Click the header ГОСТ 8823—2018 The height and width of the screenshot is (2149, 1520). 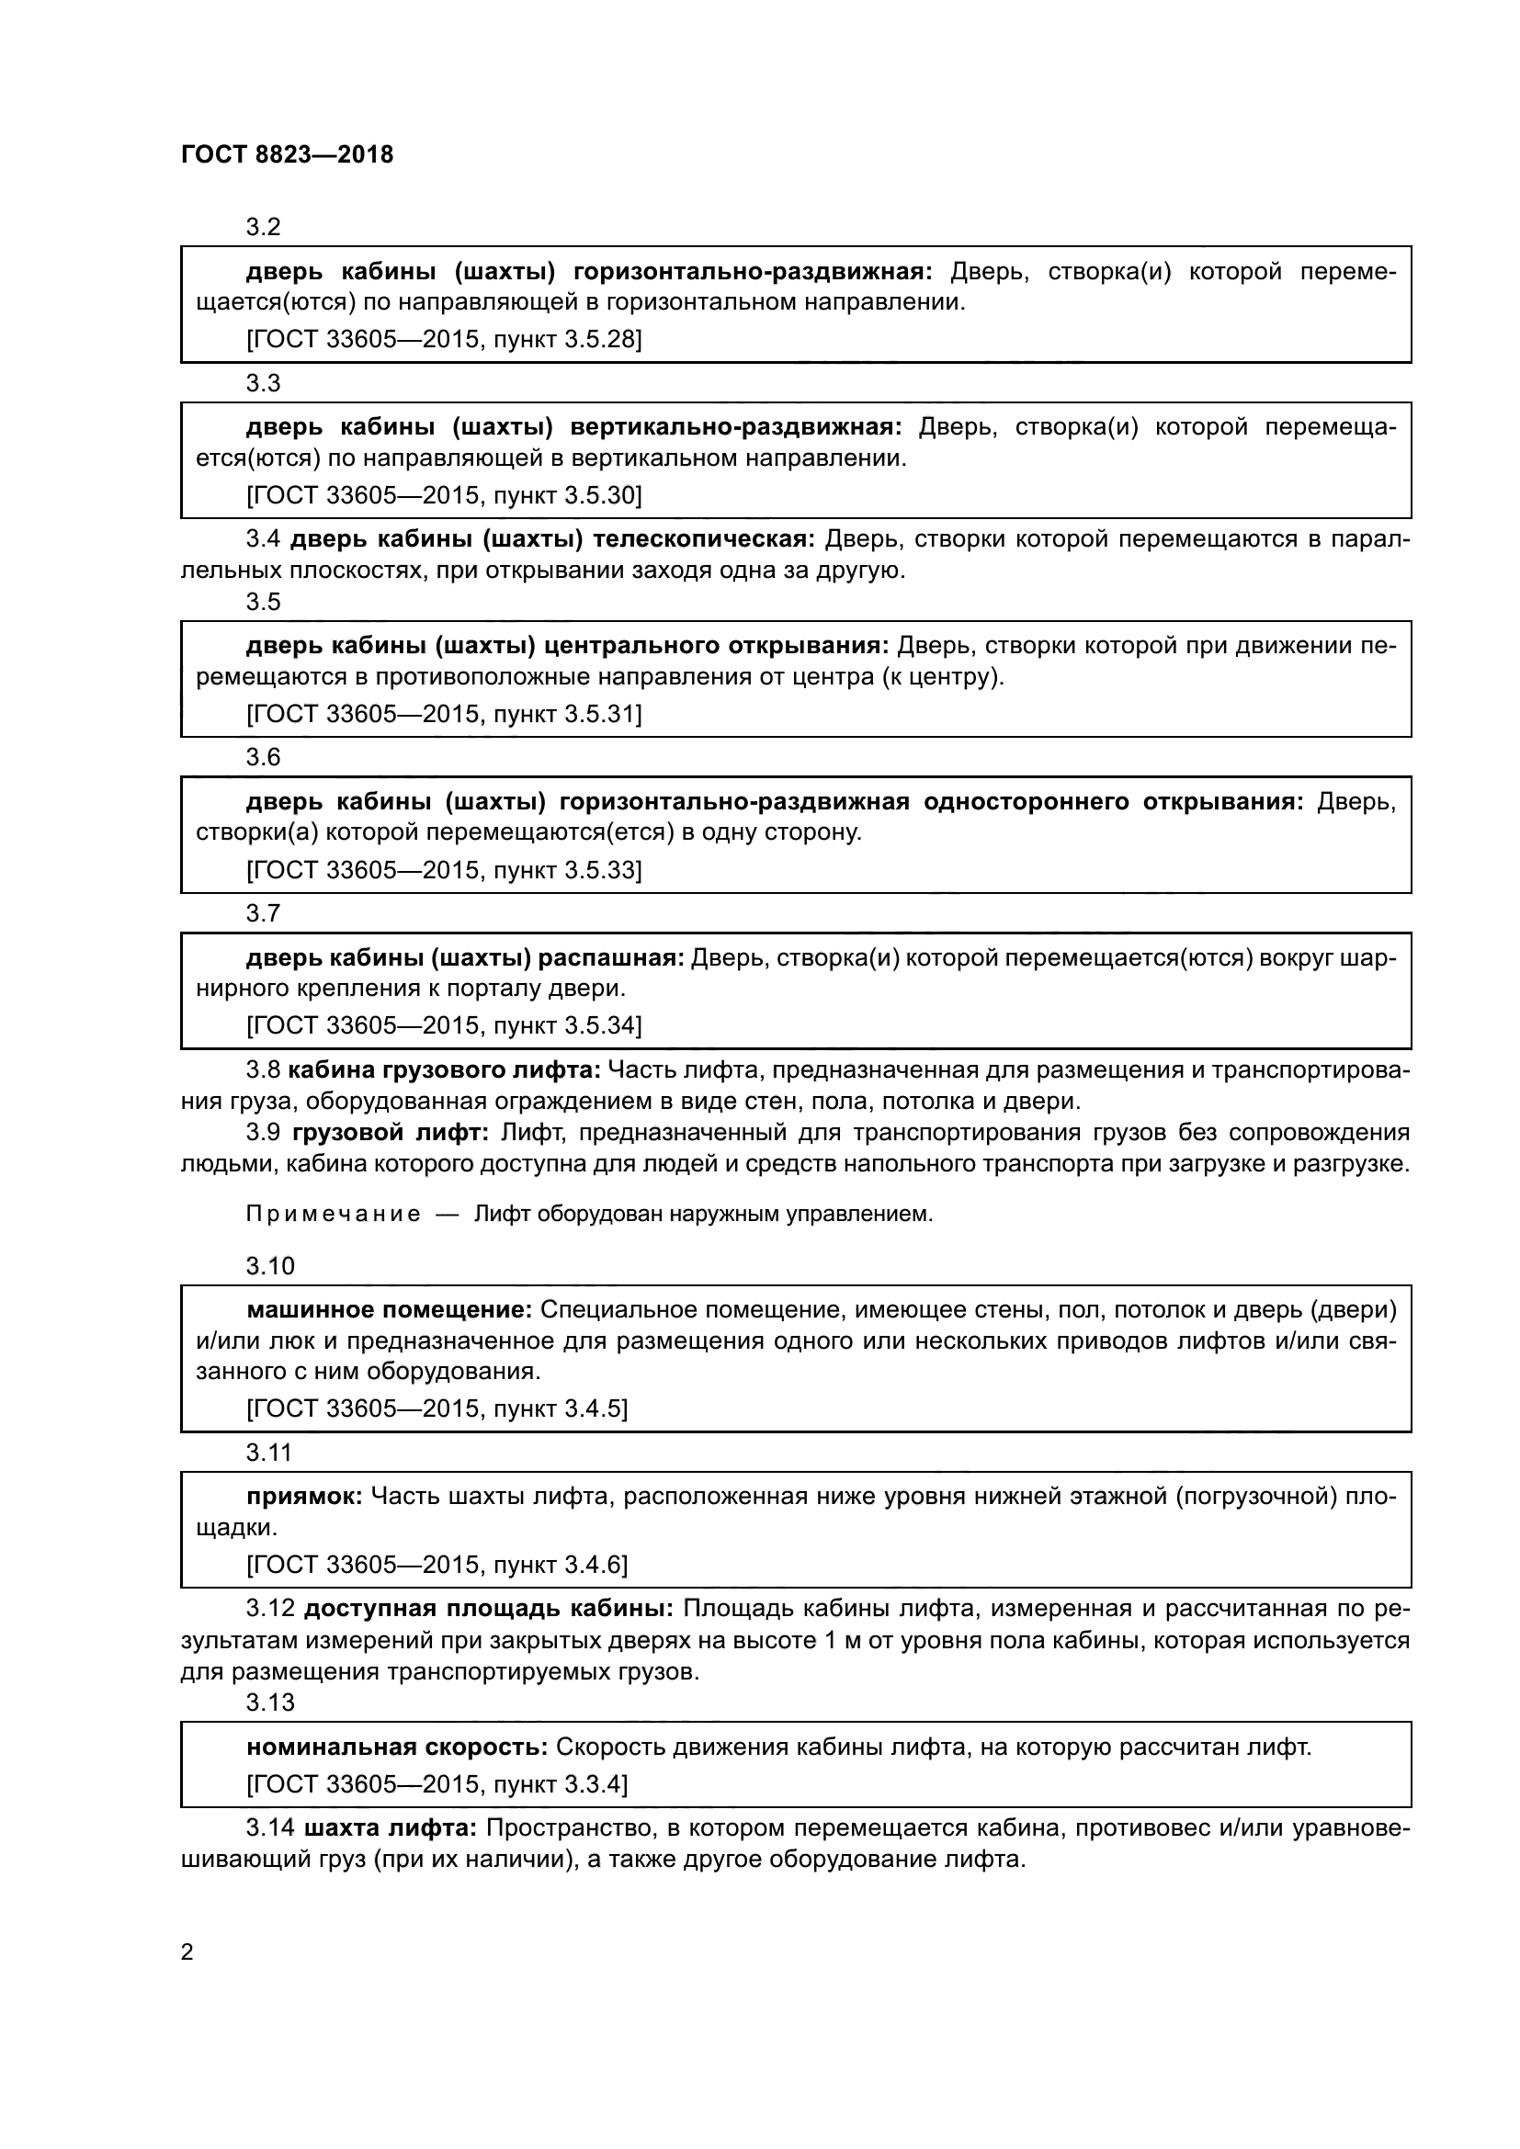287,154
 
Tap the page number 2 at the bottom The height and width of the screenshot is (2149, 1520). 187,1951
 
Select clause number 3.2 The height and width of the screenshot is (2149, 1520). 263,227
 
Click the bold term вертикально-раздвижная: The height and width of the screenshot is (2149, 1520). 736,428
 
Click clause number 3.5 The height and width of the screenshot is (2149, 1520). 263,601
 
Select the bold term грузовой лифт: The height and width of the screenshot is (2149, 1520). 391,1133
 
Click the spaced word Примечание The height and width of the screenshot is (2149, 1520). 333,1215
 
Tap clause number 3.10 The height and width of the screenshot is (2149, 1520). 269,1266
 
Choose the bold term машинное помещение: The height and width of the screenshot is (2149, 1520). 390,1310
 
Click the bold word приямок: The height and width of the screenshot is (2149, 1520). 304,1497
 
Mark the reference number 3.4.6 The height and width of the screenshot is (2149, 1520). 595,1565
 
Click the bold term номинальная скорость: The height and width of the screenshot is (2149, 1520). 397,1747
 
